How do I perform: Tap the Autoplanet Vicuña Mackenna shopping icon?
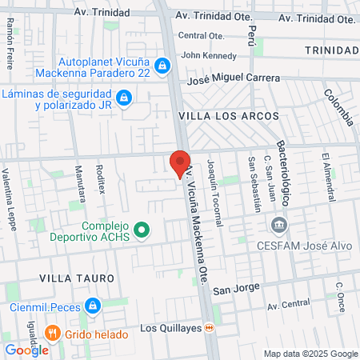point(162,65)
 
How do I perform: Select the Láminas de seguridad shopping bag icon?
point(124,98)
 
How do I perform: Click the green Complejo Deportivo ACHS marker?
point(142,231)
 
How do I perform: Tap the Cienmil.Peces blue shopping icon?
point(93,306)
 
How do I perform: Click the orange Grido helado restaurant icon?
point(53,331)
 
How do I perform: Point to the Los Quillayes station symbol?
point(209,327)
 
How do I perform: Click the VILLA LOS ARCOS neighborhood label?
point(227,117)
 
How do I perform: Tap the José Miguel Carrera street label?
point(233,79)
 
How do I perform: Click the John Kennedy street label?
point(209,56)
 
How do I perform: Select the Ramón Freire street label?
point(10,37)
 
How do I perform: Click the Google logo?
point(26,350)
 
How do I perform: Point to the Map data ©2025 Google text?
point(311,354)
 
